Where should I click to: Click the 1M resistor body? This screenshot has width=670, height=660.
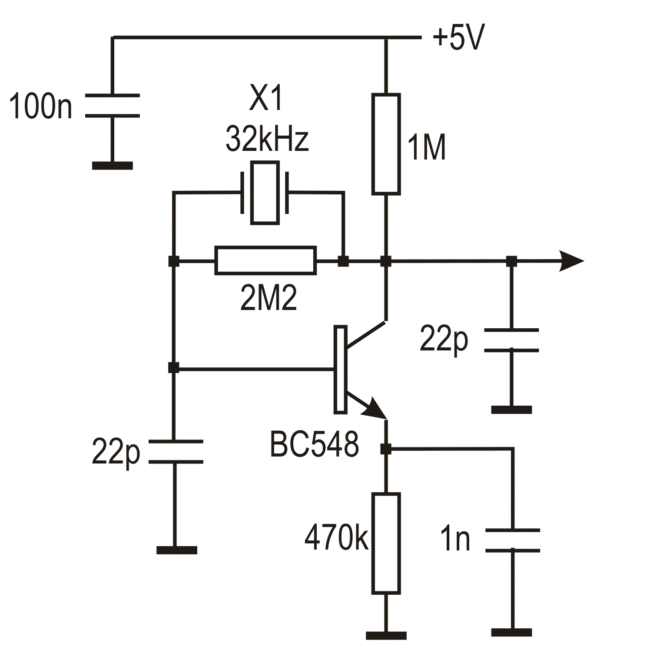click(386, 143)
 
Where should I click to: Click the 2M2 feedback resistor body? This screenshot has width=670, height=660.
click(265, 261)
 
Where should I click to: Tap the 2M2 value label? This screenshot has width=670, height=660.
click(268, 299)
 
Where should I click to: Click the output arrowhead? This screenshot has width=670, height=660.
click(571, 261)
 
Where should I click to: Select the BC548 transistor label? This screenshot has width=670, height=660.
click(314, 445)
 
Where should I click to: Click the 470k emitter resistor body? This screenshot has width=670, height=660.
click(386, 543)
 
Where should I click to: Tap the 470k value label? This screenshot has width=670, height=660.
click(336, 538)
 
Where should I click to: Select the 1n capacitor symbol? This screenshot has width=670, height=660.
click(512, 540)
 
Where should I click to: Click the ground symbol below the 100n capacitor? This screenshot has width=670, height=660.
click(112, 165)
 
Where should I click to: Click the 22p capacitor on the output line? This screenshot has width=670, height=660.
click(511, 340)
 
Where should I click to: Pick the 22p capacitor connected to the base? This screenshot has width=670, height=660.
click(175, 452)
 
